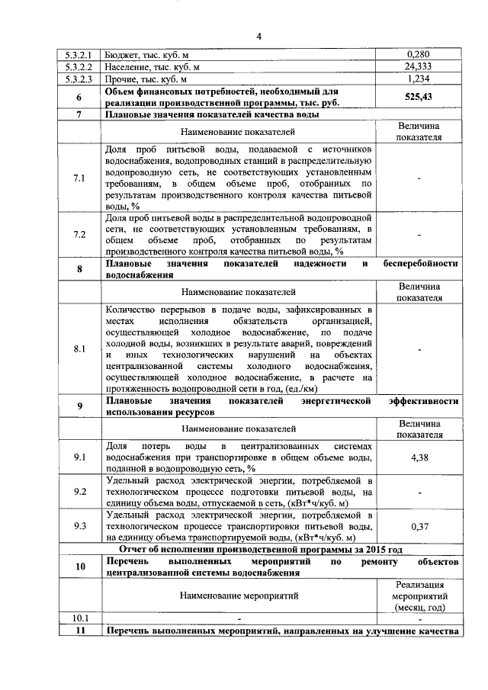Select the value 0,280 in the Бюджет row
(419, 54)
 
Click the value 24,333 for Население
(419, 66)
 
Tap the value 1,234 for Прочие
(419, 79)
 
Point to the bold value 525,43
(419, 97)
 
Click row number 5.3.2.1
(79, 54)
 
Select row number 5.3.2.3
(79, 79)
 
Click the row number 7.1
(79, 178)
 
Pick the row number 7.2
(79, 234)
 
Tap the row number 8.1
(79, 348)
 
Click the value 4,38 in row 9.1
(419, 456)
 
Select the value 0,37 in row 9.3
(419, 525)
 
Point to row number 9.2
(79, 492)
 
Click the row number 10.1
(79, 618)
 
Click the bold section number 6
(79, 97)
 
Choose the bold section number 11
(79, 631)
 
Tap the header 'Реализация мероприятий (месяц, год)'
(419, 595)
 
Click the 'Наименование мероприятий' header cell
(239, 595)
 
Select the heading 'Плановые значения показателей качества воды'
(212, 114)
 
